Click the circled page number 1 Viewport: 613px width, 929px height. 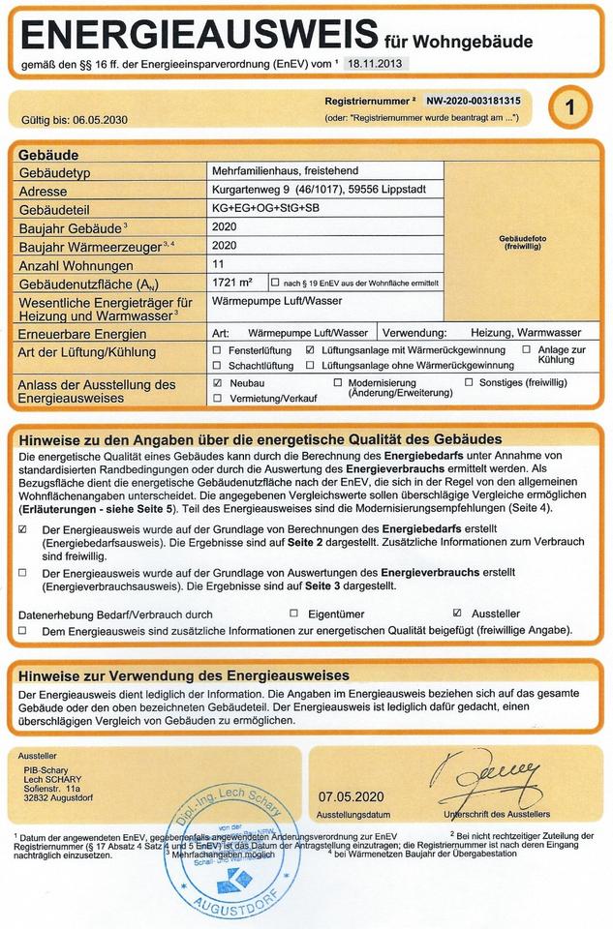click(x=569, y=108)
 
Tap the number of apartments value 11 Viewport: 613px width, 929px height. click(x=217, y=263)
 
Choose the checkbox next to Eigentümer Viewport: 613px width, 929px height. click(x=294, y=614)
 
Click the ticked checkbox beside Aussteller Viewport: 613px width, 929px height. click(x=457, y=614)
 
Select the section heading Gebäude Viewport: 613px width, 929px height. click(x=48, y=154)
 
